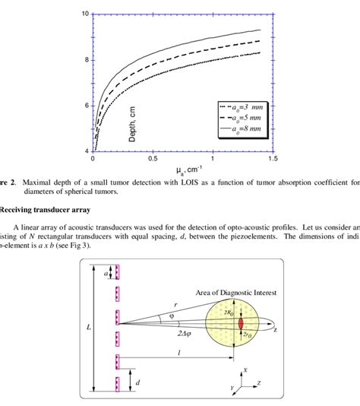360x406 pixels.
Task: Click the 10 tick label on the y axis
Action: [85, 14]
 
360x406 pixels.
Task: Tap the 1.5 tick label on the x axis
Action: [272, 160]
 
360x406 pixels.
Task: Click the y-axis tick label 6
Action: [85, 106]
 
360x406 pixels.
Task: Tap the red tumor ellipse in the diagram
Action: [241, 322]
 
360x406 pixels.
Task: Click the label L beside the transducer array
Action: [89, 326]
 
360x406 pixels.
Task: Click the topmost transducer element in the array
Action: [116, 271]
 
